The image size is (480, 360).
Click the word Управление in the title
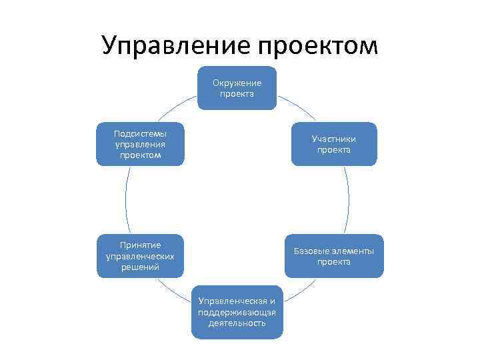[x=175, y=45]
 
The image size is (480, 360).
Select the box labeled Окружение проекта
[x=237, y=88]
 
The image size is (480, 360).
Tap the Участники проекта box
[x=334, y=144]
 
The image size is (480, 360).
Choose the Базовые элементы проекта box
[x=334, y=256]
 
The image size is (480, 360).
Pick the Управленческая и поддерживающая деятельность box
[x=237, y=312]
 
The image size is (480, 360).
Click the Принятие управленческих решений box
[x=140, y=256]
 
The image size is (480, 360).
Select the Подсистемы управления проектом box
[x=140, y=144]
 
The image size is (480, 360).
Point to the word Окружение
[x=237, y=83]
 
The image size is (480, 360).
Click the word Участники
[x=334, y=139]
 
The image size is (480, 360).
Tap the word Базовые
[x=311, y=251]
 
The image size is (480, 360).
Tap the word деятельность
[x=237, y=323]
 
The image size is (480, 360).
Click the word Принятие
[x=140, y=245]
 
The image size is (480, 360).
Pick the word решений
[x=140, y=267]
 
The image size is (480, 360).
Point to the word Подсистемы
[x=140, y=133]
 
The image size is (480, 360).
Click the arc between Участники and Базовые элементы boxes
[x=349, y=200]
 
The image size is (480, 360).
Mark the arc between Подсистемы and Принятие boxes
[x=125, y=200]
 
